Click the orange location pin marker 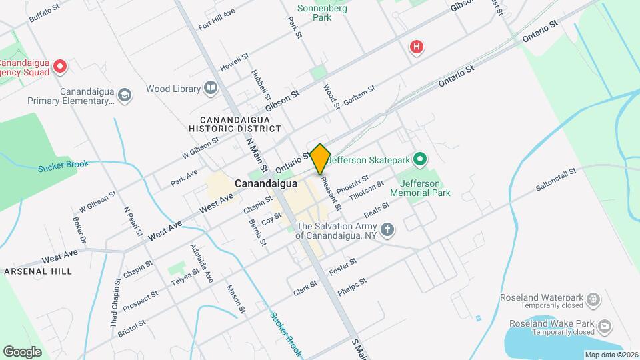(320, 159)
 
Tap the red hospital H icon (417, 47)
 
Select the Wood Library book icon (211, 88)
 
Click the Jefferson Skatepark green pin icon (419, 159)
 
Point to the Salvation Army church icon (387, 231)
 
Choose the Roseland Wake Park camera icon (605, 326)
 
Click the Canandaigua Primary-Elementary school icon (125, 96)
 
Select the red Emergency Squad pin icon (59, 65)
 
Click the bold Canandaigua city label (265, 183)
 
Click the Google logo (22, 351)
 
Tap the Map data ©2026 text (611, 355)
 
